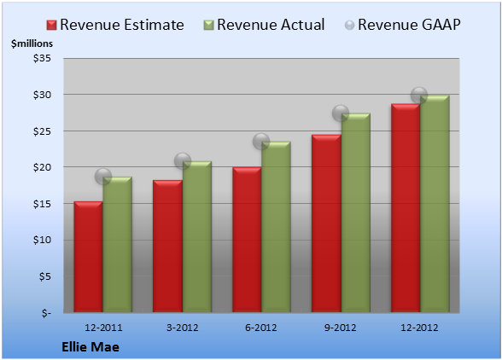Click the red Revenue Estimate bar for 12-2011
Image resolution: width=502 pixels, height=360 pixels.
pos(89,257)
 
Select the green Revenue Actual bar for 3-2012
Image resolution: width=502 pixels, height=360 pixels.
pos(197,236)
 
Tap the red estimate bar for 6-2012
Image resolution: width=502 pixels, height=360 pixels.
pos(247,240)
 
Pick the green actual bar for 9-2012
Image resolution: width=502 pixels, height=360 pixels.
pos(356,212)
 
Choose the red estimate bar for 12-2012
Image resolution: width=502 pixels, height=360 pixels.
pos(406,208)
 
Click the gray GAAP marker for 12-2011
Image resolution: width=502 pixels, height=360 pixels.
pos(103,177)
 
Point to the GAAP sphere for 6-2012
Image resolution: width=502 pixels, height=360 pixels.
pos(261,142)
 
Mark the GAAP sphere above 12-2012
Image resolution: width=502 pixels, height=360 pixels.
pos(419,96)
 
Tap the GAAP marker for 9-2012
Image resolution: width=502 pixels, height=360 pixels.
pos(341,113)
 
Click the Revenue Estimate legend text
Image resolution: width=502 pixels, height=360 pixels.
pos(122,25)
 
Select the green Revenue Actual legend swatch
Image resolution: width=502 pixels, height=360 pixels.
pos(208,26)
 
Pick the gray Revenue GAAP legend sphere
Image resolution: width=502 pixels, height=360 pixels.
pos(350,26)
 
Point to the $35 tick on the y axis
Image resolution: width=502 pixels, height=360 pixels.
pos(42,58)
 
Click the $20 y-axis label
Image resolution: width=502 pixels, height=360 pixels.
pos(42,167)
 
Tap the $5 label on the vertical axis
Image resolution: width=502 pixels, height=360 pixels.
pos(44,276)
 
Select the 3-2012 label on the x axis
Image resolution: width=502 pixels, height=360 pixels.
pos(183,328)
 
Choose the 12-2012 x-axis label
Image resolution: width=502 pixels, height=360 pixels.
pos(419,328)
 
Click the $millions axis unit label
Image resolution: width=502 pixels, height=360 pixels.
pos(32,44)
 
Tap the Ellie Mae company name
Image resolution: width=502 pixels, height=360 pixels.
pos(90,347)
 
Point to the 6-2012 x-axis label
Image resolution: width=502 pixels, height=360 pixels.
pos(261,328)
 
